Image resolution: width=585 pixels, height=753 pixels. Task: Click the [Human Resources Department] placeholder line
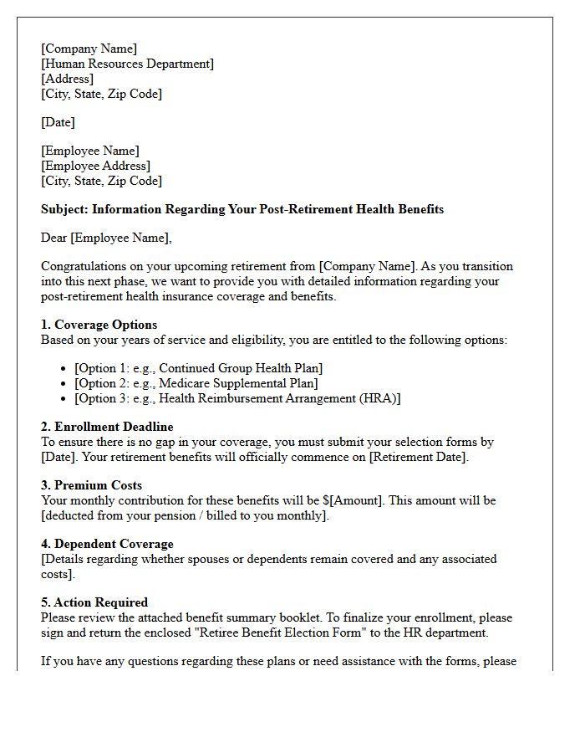127,64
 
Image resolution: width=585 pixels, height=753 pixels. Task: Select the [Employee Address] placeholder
96,166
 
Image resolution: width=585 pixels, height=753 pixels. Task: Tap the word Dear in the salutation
54,238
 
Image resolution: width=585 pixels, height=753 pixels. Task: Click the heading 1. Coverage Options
99,325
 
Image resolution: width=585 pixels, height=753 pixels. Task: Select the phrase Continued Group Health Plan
241,368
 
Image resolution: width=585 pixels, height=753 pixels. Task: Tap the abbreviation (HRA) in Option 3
380,398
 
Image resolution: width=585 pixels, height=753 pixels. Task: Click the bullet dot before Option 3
65,398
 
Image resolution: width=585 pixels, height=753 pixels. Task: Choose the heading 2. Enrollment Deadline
107,427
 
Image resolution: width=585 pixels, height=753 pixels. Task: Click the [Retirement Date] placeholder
419,457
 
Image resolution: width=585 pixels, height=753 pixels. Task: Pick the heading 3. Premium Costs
91,485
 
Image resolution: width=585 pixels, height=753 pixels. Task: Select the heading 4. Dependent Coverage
107,544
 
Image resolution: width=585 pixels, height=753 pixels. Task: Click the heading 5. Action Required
94,602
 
